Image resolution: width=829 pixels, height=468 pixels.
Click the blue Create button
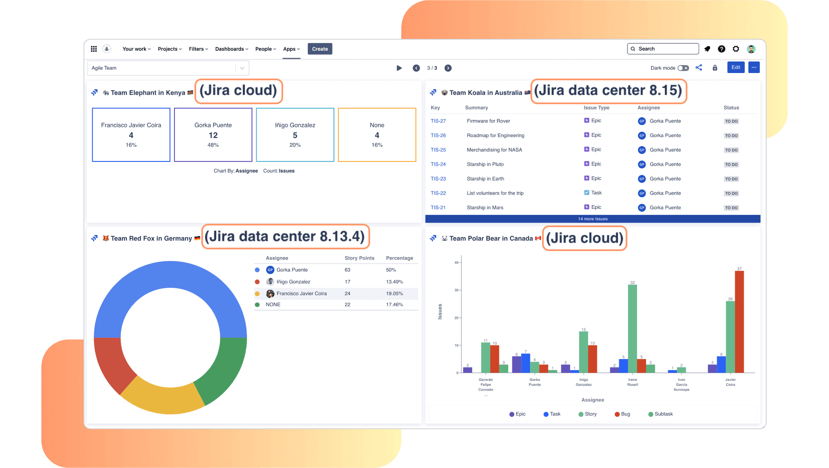320,49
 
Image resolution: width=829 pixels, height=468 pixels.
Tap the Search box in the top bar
663,49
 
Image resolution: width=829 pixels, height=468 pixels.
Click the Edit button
736,67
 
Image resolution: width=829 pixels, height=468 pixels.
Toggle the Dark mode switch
683,68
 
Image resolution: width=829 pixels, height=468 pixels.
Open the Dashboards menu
232,49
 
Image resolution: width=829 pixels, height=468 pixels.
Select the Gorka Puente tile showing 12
213,135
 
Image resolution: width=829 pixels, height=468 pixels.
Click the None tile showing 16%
377,135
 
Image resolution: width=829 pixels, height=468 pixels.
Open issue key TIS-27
438,121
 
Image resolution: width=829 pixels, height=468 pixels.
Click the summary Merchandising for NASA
494,150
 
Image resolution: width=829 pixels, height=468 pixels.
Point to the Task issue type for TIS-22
593,193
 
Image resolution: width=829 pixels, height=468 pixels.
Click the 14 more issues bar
593,219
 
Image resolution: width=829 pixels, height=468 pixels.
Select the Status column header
731,108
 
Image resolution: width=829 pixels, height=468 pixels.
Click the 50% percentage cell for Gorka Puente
391,270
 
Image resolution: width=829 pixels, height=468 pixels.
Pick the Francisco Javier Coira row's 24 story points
348,294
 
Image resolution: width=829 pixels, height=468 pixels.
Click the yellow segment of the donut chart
162,395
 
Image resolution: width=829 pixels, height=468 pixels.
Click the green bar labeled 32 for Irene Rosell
632,329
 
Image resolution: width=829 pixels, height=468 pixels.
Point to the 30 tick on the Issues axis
456,290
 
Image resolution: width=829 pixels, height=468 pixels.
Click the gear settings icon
736,49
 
